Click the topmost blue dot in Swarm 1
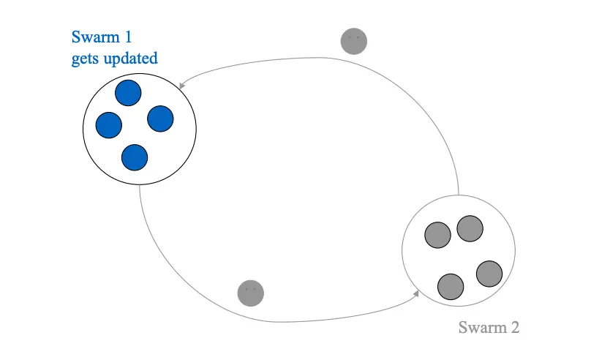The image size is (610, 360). coord(128,93)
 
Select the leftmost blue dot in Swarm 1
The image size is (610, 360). coord(109,125)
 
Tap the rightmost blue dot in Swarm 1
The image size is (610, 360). coord(160,119)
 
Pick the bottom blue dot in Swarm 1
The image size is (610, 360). coord(135,157)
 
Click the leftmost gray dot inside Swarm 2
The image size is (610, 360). coord(438,235)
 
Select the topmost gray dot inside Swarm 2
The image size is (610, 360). coord(470,228)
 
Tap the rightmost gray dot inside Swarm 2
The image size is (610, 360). coord(489,274)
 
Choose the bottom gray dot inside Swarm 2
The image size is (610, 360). coord(451,286)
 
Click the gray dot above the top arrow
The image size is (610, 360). coord(354,41)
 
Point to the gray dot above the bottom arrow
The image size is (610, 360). coord(250,293)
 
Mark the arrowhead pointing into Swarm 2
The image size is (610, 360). coord(415,294)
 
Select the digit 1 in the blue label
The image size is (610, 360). coord(129,37)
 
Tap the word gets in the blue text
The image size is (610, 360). coord(85,59)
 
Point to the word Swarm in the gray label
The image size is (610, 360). coord(480,327)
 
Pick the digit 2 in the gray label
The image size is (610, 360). coord(514,327)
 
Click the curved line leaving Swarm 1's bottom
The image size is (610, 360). coord(168,278)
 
